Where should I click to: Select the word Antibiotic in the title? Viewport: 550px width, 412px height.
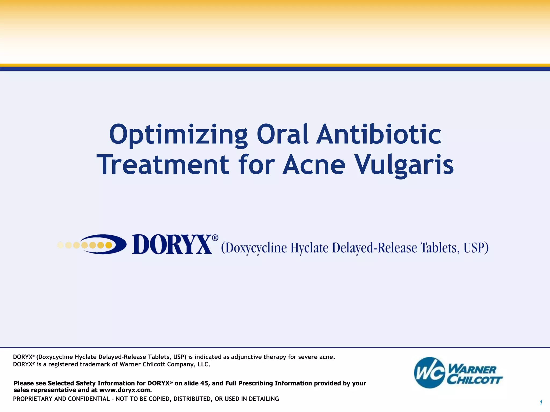378,134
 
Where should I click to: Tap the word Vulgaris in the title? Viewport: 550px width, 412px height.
404,165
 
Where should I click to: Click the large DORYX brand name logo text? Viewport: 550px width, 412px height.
172,244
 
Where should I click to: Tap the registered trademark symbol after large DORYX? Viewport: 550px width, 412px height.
215,238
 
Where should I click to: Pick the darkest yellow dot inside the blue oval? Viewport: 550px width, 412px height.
108,245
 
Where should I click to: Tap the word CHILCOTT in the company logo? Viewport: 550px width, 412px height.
475,380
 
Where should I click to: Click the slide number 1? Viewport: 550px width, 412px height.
541,403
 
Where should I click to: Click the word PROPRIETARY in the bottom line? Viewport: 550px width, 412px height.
32,399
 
